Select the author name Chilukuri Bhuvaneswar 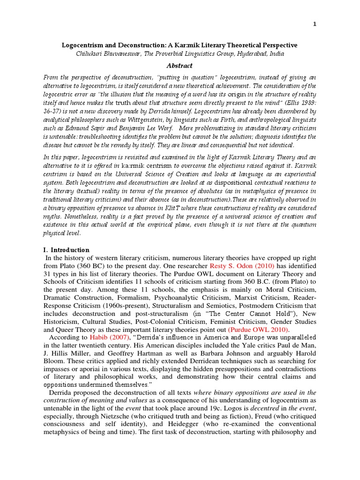pos(110,54)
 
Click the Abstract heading pos(180,66)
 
